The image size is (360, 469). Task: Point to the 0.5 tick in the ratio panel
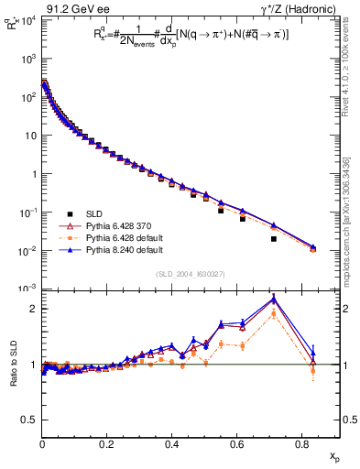tap(32, 420)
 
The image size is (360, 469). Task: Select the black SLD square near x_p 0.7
tap(274, 239)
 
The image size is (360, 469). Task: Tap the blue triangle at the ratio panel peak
tap(274, 299)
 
